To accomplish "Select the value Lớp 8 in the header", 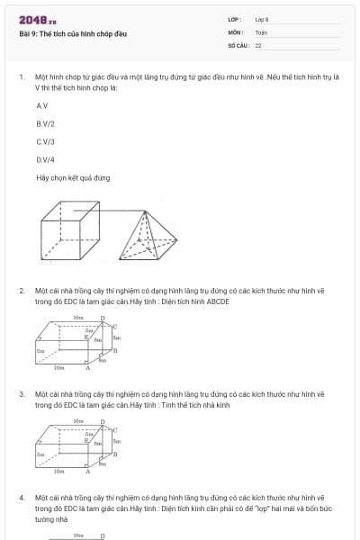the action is coord(261,19).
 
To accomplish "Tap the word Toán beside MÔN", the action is coord(261,31).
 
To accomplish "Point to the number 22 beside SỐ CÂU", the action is coord(258,44).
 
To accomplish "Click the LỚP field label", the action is coord(234,19).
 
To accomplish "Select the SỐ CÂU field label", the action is coord(238,44).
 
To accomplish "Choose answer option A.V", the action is coord(41,106).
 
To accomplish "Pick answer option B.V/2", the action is coord(44,123).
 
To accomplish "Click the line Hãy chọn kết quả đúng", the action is coord(73,177).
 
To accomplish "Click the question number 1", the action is coord(21,77).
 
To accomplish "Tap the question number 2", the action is coord(21,291).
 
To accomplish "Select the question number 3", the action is coord(21,394).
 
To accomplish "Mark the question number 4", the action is coord(21,497).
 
